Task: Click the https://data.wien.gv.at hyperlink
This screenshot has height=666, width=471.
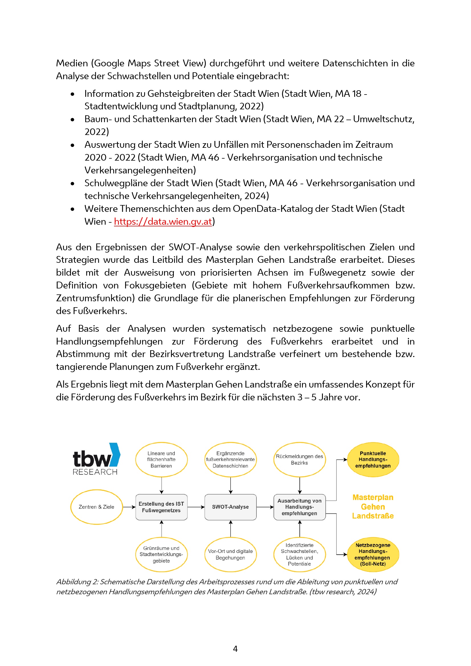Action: (163, 222)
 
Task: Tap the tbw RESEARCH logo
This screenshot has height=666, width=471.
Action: (96, 460)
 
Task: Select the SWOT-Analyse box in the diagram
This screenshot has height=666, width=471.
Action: (231, 507)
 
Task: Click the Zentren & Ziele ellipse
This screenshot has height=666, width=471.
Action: (96, 507)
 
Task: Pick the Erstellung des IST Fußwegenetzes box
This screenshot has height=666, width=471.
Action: (161, 507)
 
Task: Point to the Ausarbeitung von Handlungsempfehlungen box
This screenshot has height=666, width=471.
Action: (299, 507)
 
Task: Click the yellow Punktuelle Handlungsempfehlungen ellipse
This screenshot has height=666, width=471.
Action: (373, 460)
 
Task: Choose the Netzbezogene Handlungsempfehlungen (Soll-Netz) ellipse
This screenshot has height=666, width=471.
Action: (373, 554)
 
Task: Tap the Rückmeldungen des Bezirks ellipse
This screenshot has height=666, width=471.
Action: (299, 460)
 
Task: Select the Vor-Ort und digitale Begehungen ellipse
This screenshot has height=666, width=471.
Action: (231, 554)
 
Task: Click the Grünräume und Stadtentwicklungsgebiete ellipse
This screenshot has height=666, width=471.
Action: (161, 554)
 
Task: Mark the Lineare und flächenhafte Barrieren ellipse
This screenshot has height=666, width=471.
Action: (161, 460)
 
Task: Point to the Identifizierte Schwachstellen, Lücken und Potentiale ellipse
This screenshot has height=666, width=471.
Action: (299, 554)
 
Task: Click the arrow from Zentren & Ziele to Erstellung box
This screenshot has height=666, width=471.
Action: (129, 507)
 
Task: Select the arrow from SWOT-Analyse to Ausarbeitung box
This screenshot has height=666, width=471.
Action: (265, 507)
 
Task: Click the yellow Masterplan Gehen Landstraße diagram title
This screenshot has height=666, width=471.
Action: (373, 507)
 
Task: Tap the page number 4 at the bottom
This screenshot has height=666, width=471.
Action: (235, 649)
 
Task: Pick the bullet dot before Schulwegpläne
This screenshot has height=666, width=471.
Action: (73, 184)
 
